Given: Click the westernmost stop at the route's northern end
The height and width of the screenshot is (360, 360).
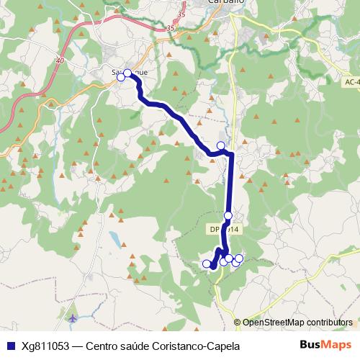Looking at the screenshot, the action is click(x=121, y=77).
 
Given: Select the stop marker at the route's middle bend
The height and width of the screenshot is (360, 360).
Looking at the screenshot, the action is click(x=221, y=146).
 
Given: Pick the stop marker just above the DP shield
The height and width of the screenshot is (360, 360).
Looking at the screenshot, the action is click(x=228, y=215).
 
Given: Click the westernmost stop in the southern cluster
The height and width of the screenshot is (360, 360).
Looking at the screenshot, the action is click(x=207, y=264).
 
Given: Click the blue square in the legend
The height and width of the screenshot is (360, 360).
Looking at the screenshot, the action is click(x=9, y=346).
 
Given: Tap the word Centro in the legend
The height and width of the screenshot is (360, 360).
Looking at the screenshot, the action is click(x=103, y=346).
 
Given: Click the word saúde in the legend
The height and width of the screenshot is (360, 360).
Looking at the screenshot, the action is click(x=138, y=346).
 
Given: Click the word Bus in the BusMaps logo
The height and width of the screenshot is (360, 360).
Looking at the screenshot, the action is click(x=311, y=345).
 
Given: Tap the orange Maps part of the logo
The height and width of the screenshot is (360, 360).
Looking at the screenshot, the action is click(x=338, y=345).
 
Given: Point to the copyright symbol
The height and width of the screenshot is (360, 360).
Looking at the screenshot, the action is click(x=238, y=323).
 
